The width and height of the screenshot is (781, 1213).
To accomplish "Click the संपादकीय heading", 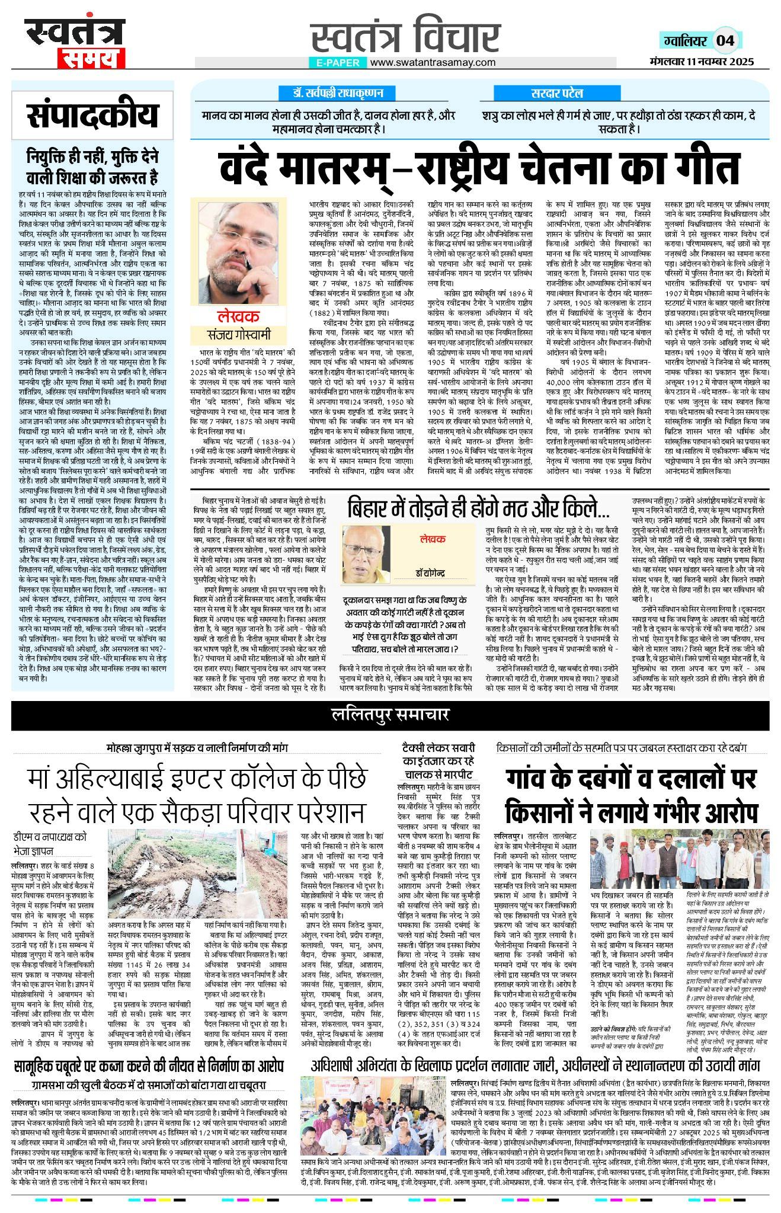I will click(93, 116).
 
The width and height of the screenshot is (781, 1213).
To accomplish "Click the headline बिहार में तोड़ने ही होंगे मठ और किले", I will click(478, 508).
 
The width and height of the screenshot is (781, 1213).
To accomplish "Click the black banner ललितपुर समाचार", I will click(390, 715).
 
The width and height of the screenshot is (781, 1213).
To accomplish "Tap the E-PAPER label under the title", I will click(338, 63).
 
